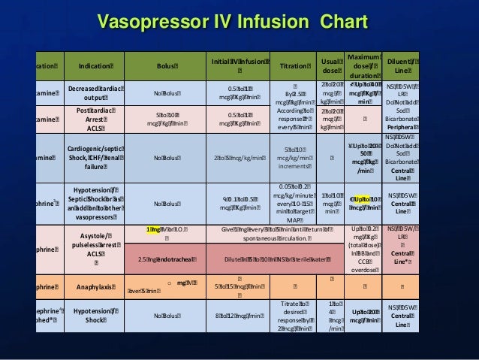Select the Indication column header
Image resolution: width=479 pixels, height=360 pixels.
click(89, 66)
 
